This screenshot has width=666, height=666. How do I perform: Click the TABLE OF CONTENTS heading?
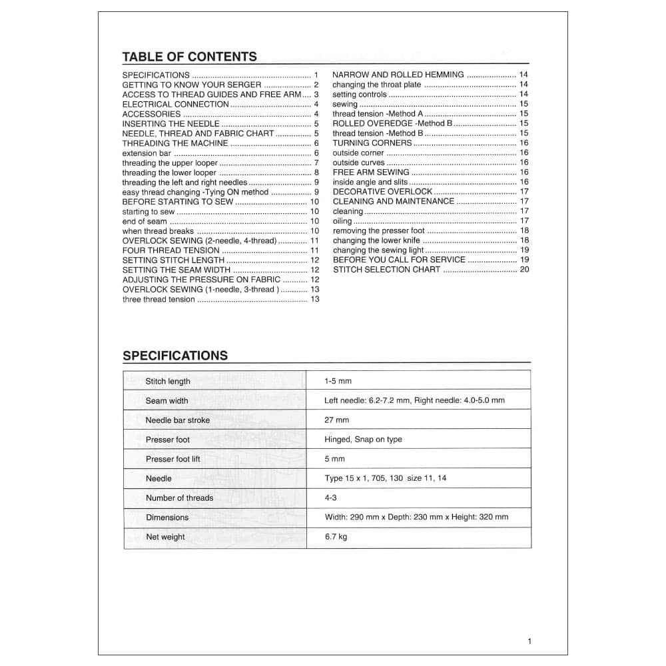point(189,57)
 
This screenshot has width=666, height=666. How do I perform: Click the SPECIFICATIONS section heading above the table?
point(175,356)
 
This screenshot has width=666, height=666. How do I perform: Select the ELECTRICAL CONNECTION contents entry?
point(175,105)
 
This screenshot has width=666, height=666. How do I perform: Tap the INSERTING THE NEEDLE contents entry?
point(170,124)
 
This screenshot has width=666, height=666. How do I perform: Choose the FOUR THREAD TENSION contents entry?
point(170,250)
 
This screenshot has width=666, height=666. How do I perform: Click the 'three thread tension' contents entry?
point(159,300)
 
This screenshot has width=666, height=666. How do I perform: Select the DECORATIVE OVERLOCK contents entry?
point(382,192)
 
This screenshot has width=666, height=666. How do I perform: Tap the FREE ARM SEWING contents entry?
point(371,172)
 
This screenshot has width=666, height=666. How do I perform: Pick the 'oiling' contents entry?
point(342,221)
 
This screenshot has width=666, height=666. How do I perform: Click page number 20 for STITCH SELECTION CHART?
point(524,270)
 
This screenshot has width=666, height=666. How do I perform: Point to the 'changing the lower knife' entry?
point(376,240)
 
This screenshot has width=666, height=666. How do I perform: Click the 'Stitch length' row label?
point(168,382)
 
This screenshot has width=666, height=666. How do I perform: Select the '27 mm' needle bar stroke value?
point(337,420)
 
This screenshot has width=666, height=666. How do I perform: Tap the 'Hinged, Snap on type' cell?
point(364,440)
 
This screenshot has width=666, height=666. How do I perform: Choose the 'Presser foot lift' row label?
point(172,459)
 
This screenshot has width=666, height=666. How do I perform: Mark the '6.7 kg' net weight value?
point(336,537)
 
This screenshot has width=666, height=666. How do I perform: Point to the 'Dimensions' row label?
point(167,517)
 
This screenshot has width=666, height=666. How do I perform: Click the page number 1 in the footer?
point(529,641)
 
